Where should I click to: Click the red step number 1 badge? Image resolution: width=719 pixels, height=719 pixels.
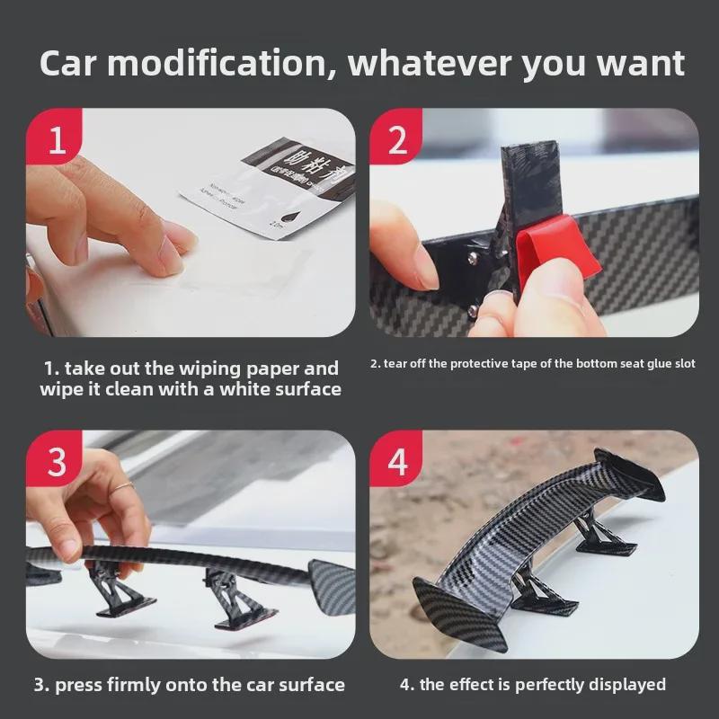tap(57, 141)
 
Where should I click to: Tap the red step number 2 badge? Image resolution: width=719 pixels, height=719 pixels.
tap(398, 141)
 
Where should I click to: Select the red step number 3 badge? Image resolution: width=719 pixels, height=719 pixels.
tap(57, 462)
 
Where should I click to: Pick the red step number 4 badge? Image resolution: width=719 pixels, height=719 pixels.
tap(398, 462)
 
